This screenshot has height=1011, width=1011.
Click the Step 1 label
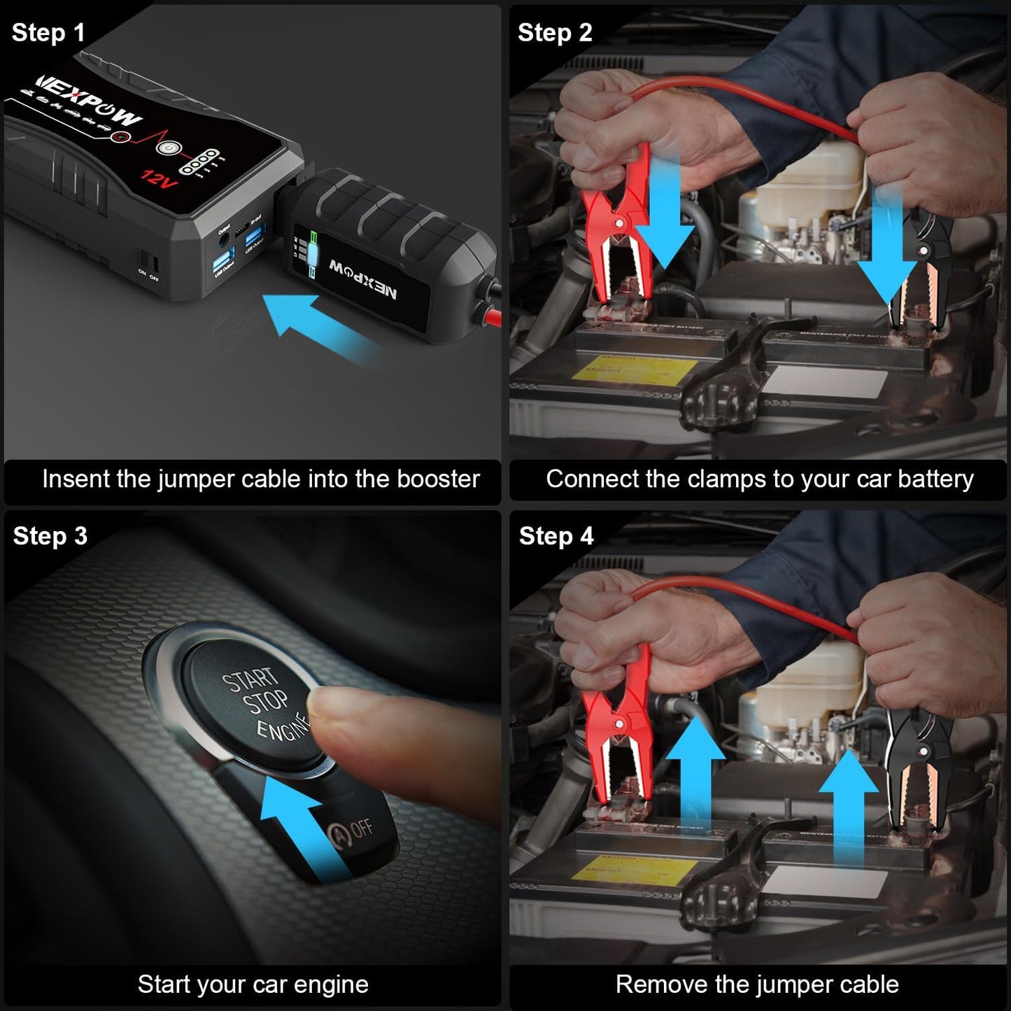(48, 33)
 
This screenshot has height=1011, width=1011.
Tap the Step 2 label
(555, 33)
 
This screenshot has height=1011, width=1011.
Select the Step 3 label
(50, 536)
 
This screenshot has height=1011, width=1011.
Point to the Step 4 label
(556, 536)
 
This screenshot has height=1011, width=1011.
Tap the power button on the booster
(167, 148)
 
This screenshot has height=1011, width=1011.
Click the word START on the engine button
(250, 679)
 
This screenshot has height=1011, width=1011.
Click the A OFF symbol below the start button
(350, 832)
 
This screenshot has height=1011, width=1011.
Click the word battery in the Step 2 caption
(935, 479)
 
